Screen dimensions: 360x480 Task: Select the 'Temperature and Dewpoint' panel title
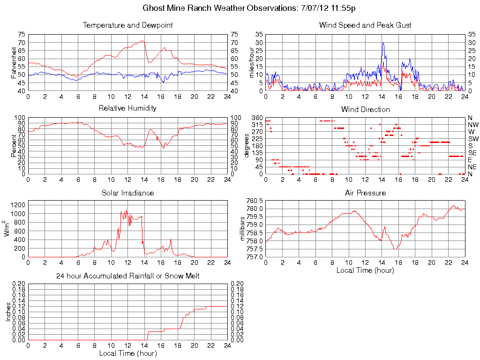tap(127, 25)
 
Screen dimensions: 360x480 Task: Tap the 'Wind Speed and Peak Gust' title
tap(365, 25)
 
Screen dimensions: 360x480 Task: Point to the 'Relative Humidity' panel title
tap(127, 108)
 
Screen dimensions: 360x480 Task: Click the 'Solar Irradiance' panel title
tap(127, 193)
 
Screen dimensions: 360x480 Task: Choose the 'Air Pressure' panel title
tap(365, 193)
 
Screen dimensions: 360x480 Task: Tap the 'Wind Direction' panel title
tap(365, 110)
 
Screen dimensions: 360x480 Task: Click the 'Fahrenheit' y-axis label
tap(14, 62)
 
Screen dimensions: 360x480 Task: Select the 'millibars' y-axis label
tap(243, 228)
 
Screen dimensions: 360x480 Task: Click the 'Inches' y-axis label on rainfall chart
tap(8, 312)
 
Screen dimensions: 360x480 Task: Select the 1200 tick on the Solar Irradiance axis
tap(19, 205)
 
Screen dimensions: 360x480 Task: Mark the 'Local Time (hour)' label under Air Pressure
tap(365, 270)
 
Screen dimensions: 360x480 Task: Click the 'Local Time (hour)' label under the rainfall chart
tap(127, 353)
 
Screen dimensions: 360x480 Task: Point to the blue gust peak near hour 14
tap(383, 43)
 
